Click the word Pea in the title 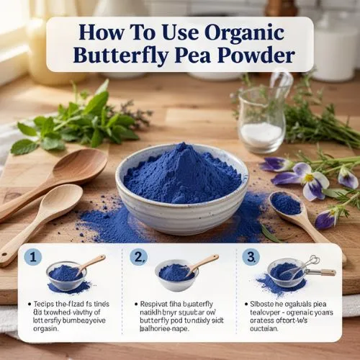click(x=185, y=55)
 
